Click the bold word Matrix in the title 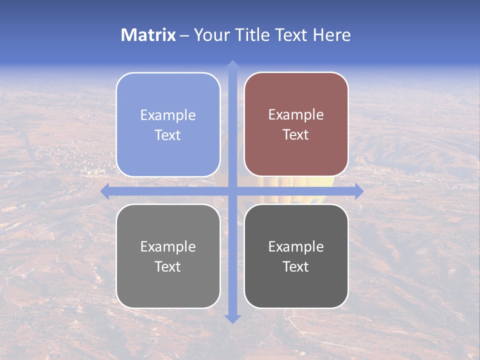tap(148, 35)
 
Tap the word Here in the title tap(331, 35)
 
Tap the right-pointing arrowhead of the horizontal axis tap(359, 191)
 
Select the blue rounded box tap(168, 124)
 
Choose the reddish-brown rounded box tap(296, 124)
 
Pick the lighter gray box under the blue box tap(168, 256)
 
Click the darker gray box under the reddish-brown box tap(296, 256)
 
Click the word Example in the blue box tap(168, 115)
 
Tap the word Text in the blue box tap(168, 135)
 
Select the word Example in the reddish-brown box tap(296, 114)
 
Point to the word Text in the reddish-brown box tap(296, 134)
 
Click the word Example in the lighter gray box tap(168, 246)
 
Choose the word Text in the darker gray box tap(296, 266)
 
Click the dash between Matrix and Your tap(184, 35)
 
